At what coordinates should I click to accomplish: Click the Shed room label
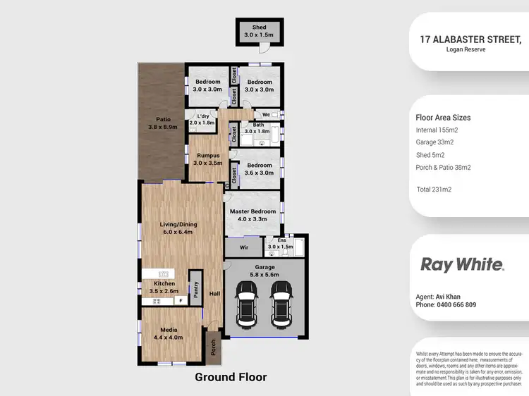click(x=260, y=31)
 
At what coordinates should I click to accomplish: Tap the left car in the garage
click(x=246, y=304)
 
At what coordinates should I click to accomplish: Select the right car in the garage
click(x=281, y=304)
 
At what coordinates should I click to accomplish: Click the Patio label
click(x=158, y=123)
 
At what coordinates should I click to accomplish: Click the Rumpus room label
click(x=208, y=159)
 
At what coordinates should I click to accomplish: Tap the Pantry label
click(x=196, y=290)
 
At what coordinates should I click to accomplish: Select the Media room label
click(x=168, y=333)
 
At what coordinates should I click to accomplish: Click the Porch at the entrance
click(x=212, y=347)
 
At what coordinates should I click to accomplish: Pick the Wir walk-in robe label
click(x=243, y=248)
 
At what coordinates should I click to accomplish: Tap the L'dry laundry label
click(x=202, y=119)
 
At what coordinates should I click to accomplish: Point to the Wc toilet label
click(x=267, y=114)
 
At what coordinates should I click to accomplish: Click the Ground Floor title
click(x=231, y=377)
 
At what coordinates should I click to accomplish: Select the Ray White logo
click(x=462, y=264)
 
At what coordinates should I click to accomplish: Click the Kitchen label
click(x=164, y=286)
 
